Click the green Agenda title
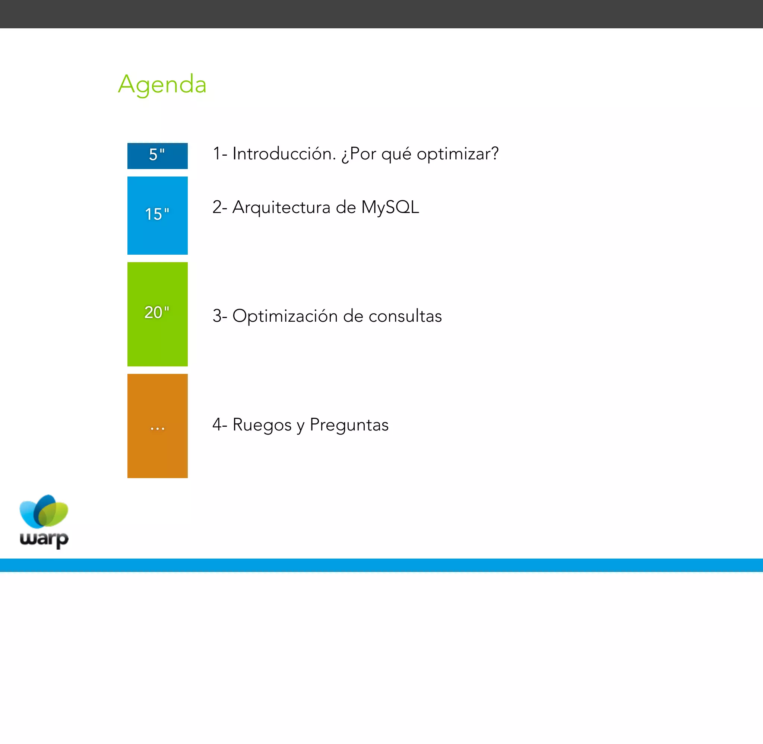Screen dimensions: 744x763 pyautogui.click(x=162, y=84)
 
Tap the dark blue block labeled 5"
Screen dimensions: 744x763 pyautogui.click(x=157, y=156)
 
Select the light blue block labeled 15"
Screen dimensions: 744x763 pyautogui.click(x=157, y=215)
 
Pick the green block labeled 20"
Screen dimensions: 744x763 pyautogui.click(x=157, y=314)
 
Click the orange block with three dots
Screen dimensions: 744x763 pyautogui.click(x=157, y=426)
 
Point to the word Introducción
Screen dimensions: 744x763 pyautogui.click(x=284, y=153)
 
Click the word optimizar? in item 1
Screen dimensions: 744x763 pyautogui.click(x=458, y=153)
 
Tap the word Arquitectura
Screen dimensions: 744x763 pyautogui.click(x=281, y=207)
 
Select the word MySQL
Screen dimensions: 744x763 pyautogui.click(x=390, y=207)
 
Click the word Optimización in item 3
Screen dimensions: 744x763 pyautogui.click(x=285, y=316)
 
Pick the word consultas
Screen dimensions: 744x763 pyautogui.click(x=405, y=316)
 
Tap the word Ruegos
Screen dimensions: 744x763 pyautogui.click(x=262, y=425)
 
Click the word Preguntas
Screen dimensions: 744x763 pyautogui.click(x=349, y=425)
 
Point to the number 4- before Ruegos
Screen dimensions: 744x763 pyautogui.click(x=219, y=425)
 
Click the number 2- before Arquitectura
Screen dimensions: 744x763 pyautogui.click(x=219, y=207)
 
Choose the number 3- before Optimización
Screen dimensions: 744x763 pyautogui.click(x=219, y=316)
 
